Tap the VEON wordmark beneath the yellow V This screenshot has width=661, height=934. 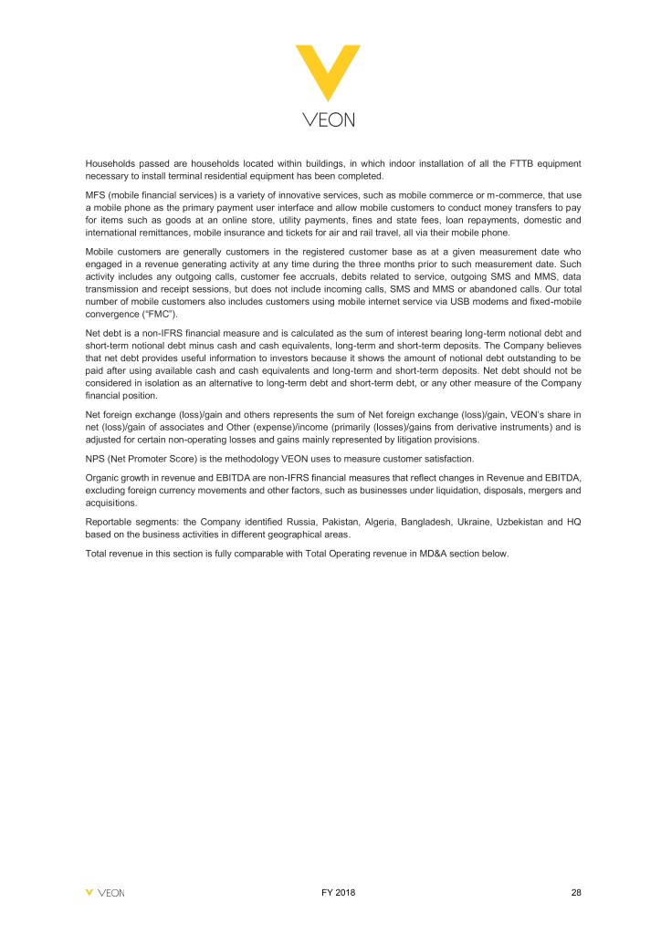click(x=330, y=119)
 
